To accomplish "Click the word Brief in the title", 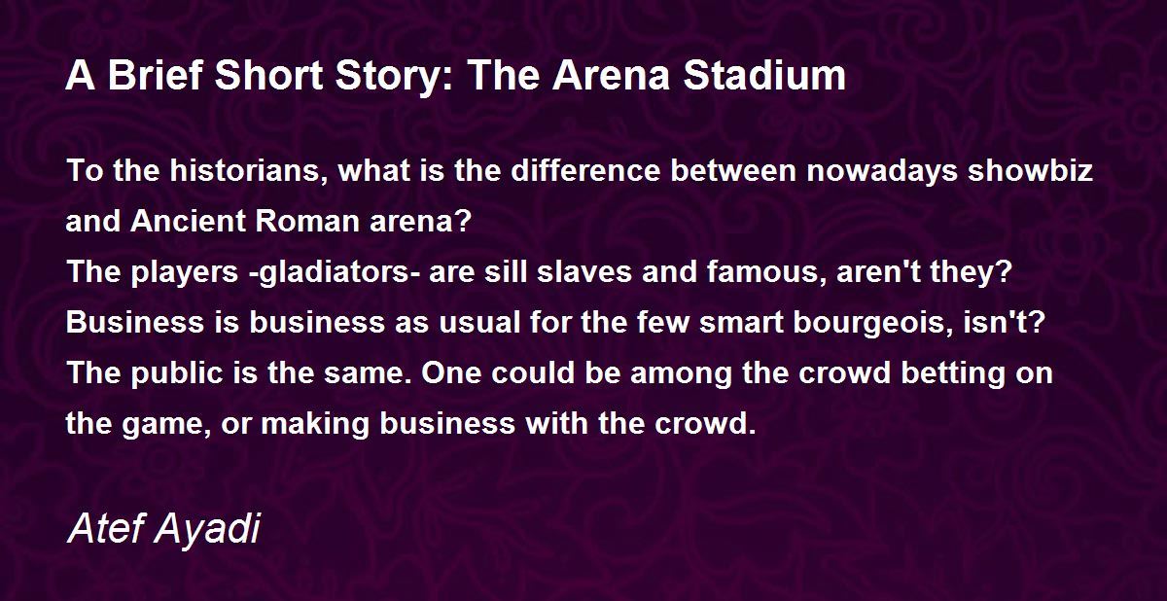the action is [x=156, y=75].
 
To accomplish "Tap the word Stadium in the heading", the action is [x=764, y=75].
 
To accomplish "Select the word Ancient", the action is [x=188, y=221].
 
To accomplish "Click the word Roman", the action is [x=307, y=221].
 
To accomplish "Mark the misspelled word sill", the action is [x=506, y=271].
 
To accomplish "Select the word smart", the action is [x=741, y=323].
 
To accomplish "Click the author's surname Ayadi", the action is [x=207, y=530].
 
